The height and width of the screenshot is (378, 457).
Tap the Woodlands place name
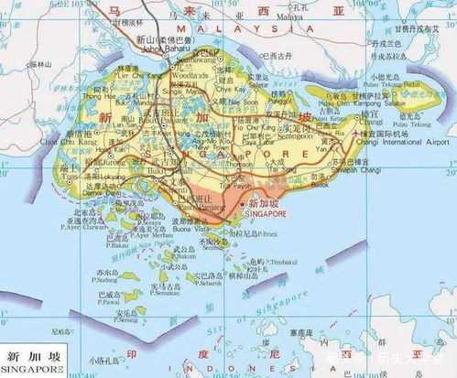tap(184, 73)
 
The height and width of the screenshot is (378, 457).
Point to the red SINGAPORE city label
tap(267, 210)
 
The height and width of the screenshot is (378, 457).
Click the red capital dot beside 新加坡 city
tap(242, 208)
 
